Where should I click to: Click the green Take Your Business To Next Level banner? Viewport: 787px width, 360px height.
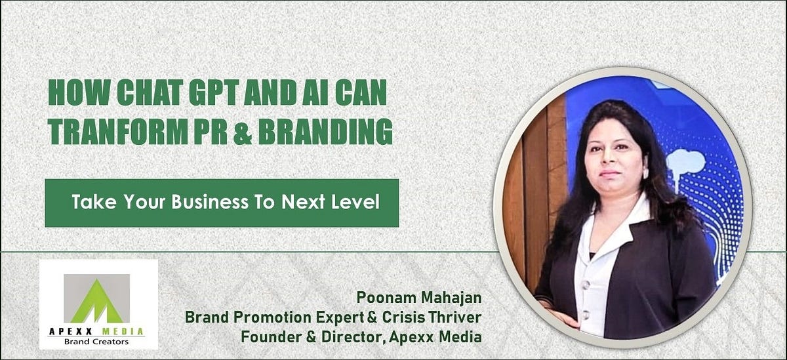[222, 203]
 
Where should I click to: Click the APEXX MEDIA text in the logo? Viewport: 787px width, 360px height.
[97, 331]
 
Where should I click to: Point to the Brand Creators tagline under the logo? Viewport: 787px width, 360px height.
[97, 341]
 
